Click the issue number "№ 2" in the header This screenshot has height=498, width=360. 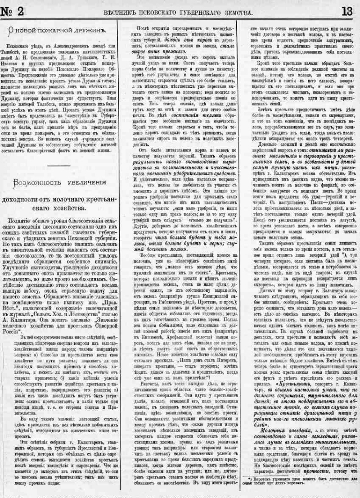pyautogui.click(x=13, y=12)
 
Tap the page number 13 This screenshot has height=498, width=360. pyautogui.click(x=347, y=12)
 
